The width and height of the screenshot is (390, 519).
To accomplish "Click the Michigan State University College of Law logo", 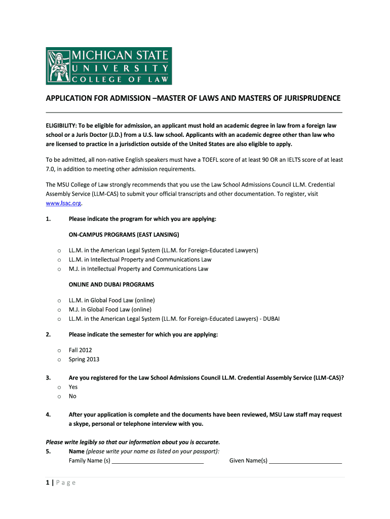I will pyautogui.click(x=109, y=66).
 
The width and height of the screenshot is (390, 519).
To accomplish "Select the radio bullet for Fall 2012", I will pyautogui.click(x=59, y=350).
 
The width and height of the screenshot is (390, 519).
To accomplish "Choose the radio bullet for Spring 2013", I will pyautogui.click(x=59, y=359).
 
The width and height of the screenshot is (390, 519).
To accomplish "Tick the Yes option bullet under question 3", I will pyautogui.click(x=59, y=387).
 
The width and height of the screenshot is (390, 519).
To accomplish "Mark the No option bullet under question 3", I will pyautogui.click(x=59, y=396).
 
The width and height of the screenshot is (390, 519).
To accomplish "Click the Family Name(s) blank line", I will pyautogui.click(x=158, y=461).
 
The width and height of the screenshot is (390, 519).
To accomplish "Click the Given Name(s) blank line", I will pyautogui.click(x=305, y=461).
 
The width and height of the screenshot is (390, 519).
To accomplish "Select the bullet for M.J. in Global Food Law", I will pyautogui.click(x=59, y=310).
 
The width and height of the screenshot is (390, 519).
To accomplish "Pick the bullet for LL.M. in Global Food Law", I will pyautogui.click(x=59, y=301).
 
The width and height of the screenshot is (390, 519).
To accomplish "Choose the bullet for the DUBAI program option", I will pyautogui.click(x=59, y=319).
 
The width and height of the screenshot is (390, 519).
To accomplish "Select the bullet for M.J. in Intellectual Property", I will pyautogui.click(x=59, y=269).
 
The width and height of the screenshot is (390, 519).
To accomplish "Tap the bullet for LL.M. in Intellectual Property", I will pyautogui.click(x=59, y=260).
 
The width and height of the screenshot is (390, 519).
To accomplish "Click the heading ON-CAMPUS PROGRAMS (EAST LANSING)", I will pyautogui.click(x=124, y=235).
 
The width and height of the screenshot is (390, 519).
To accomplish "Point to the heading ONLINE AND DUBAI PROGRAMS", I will pyautogui.click(x=111, y=284).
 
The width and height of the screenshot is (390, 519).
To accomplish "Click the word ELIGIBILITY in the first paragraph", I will pyautogui.click(x=61, y=125).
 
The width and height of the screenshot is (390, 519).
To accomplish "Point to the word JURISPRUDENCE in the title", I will pyautogui.click(x=308, y=98).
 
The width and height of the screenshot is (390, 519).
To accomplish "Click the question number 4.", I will pyautogui.click(x=48, y=415).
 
